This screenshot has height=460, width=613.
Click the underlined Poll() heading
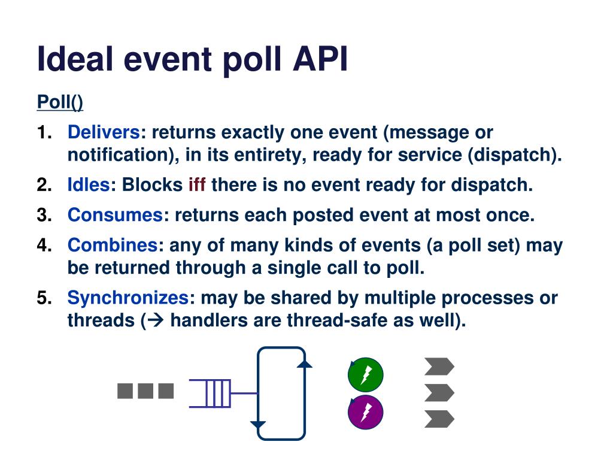pos(60,102)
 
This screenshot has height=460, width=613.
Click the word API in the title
pos(319,60)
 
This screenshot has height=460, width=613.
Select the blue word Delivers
pos(104,132)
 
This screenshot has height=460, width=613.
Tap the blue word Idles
pos(89,185)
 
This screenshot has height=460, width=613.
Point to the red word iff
pos(197,185)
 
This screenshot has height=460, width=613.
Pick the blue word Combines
pos(112,245)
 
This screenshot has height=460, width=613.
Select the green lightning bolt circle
pos(365,375)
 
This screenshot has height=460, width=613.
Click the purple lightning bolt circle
pos(365,413)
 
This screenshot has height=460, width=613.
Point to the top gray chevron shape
pos(439,366)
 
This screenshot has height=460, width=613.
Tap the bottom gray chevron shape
pos(439,419)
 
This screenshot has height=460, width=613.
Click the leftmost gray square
pos(125,391)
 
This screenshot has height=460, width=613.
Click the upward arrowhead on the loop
pos(305,363)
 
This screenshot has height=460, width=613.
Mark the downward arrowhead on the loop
pos(258,425)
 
